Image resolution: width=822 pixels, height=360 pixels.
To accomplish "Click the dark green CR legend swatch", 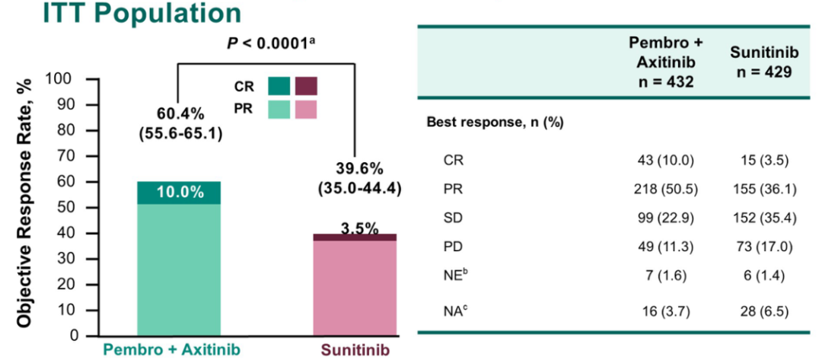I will click(279, 86).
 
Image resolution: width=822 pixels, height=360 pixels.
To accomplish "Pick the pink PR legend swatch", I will click(306, 110).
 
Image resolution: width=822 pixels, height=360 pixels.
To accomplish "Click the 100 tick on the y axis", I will click(61, 78).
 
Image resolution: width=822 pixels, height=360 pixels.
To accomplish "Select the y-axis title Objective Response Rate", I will click(24, 202).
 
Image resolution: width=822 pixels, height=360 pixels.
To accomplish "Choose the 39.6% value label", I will click(357, 167).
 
